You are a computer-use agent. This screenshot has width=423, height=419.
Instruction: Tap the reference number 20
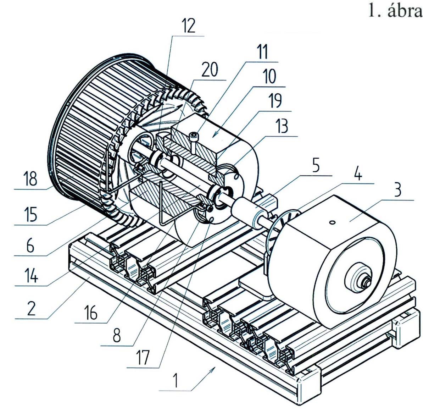(210, 70)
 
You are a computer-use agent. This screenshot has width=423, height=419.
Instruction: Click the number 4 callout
(358, 174)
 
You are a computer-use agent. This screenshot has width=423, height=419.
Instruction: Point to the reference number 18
(30, 178)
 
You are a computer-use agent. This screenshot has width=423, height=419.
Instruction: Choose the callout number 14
(31, 275)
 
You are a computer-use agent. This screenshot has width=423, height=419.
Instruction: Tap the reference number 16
(90, 313)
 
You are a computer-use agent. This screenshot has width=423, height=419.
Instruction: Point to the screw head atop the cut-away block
(193, 135)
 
